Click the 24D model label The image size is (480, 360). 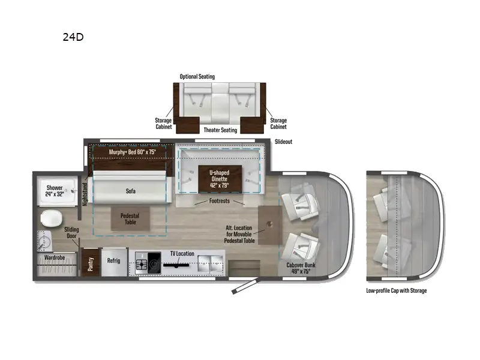[73, 37]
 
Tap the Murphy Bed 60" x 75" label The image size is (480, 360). [131, 152]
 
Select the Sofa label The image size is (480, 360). [131, 191]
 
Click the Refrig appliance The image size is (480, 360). [114, 262]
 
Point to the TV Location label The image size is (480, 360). [182, 254]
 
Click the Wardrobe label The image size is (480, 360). [55, 258]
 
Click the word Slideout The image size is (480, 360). [284, 142]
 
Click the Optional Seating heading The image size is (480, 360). [197, 77]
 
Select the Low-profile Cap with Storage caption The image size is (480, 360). [397, 291]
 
